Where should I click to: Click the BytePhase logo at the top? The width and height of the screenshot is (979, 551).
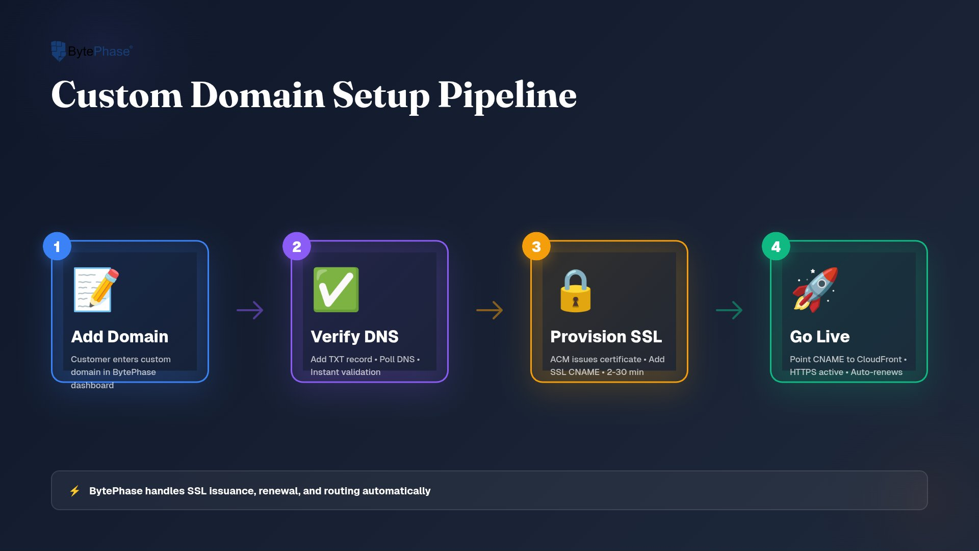(92, 51)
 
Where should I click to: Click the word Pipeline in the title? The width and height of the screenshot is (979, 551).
(507, 96)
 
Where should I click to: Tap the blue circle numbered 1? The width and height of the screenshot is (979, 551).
(57, 246)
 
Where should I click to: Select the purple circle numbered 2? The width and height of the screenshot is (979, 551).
(297, 246)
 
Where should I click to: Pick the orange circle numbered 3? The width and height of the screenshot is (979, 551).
(536, 246)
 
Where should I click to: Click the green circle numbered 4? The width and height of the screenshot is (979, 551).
(776, 246)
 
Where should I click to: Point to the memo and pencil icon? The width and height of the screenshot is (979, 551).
(96, 289)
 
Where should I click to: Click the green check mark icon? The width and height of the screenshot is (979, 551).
(336, 289)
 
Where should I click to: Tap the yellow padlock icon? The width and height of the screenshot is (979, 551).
(576, 290)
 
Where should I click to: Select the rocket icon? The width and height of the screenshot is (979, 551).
(815, 289)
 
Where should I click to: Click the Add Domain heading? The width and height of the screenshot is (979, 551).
(120, 337)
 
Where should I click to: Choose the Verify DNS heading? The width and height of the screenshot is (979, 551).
(355, 337)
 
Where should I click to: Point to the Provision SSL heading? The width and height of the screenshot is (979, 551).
(606, 337)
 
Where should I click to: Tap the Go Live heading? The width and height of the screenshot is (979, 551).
(820, 337)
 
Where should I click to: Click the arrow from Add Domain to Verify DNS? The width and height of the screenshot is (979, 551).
(250, 310)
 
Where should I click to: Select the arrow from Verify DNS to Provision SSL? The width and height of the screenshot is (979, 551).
(489, 310)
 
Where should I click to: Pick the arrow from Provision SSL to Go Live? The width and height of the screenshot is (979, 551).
(729, 310)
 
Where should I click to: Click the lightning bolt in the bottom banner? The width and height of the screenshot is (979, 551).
(75, 491)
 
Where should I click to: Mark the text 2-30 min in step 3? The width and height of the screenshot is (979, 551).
(625, 372)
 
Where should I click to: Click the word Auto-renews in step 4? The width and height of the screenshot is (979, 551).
(877, 372)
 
